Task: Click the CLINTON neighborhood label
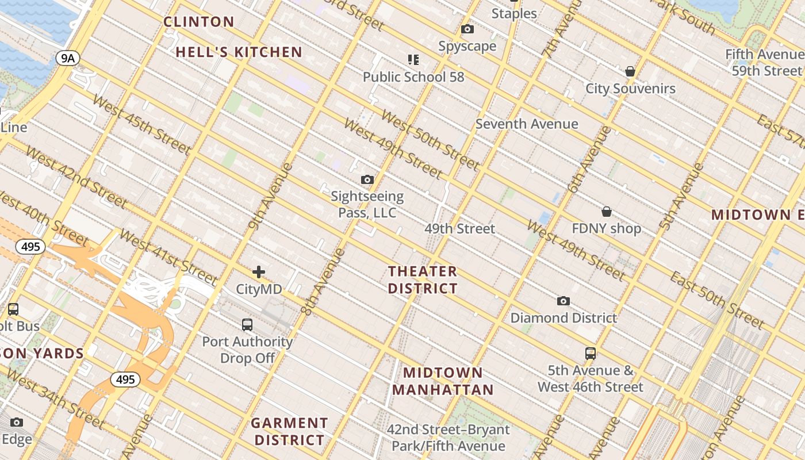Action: [x=199, y=22]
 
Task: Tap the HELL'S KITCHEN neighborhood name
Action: [x=239, y=52]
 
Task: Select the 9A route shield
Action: [x=67, y=57]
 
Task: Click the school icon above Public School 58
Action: [x=413, y=59]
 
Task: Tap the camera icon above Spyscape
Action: [x=467, y=29]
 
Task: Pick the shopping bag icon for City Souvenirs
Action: [x=630, y=71]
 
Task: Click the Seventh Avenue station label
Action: [x=527, y=124]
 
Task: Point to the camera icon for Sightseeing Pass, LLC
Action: [x=367, y=180]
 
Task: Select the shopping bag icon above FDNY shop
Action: [x=606, y=212]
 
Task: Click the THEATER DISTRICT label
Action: [x=423, y=279]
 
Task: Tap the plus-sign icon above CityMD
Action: [x=259, y=272]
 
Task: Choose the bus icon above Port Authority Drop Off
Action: [x=247, y=324]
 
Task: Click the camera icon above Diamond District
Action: [x=563, y=301]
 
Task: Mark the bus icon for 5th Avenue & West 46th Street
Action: [x=590, y=353]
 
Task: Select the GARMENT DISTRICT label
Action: [x=289, y=431]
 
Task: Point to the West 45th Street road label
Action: [x=141, y=125]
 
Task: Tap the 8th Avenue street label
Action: [x=323, y=282]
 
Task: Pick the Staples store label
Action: [x=514, y=13]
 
